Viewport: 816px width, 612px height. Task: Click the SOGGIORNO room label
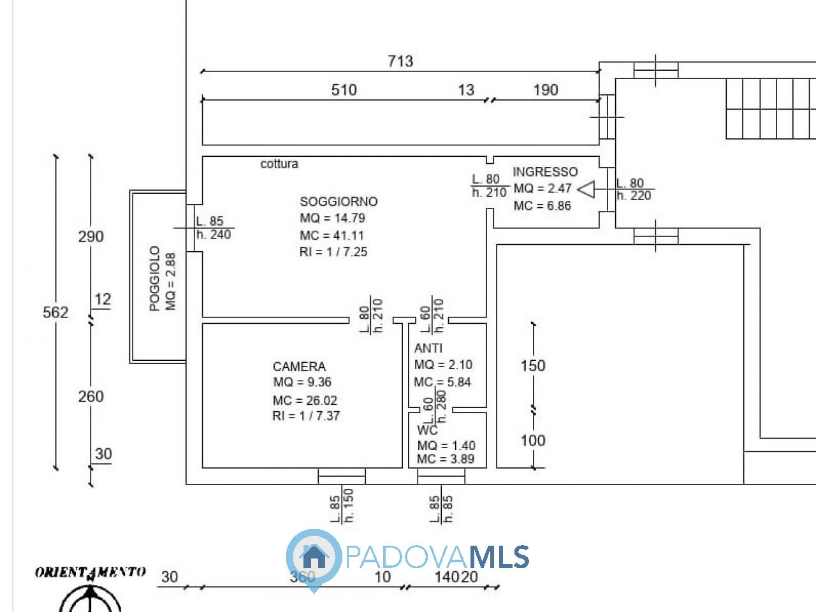click(x=339, y=201)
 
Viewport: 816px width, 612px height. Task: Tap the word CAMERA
click(x=299, y=367)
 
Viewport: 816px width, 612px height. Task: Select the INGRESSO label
click(x=545, y=171)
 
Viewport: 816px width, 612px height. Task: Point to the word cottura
click(x=279, y=164)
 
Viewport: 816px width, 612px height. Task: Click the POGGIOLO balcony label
click(x=155, y=279)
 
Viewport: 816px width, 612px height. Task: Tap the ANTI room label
click(x=428, y=348)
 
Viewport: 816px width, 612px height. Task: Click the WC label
click(x=428, y=430)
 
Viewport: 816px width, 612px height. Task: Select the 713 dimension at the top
click(x=400, y=61)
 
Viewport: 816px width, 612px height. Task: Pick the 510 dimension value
click(x=344, y=90)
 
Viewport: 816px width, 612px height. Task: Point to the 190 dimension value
click(x=545, y=90)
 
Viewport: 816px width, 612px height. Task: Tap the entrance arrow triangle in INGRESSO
click(x=586, y=189)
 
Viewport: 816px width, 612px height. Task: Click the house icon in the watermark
click(x=313, y=557)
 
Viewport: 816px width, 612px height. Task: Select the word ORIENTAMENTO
click(x=90, y=572)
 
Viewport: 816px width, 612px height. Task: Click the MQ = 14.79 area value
click(x=332, y=218)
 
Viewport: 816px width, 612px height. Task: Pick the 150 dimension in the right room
click(x=533, y=365)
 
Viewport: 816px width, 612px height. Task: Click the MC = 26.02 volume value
click(x=305, y=400)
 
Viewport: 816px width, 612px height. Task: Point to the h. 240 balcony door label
click(x=214, y=235)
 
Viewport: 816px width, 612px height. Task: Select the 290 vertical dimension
click(x=91, y=237)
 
